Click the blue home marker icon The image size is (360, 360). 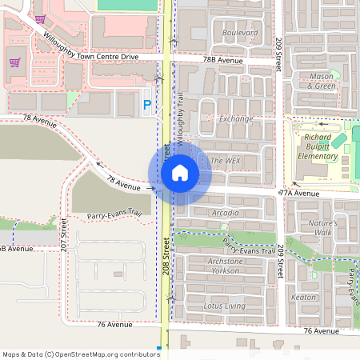(180, 173)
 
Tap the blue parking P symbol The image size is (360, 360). (147, 104)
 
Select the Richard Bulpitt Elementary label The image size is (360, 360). (318, 146)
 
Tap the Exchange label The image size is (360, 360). (235, 118)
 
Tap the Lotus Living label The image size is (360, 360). (224, 306)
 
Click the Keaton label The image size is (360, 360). (304, 297)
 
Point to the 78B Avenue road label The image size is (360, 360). (222, 60)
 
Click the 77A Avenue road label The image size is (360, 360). (299, 194)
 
